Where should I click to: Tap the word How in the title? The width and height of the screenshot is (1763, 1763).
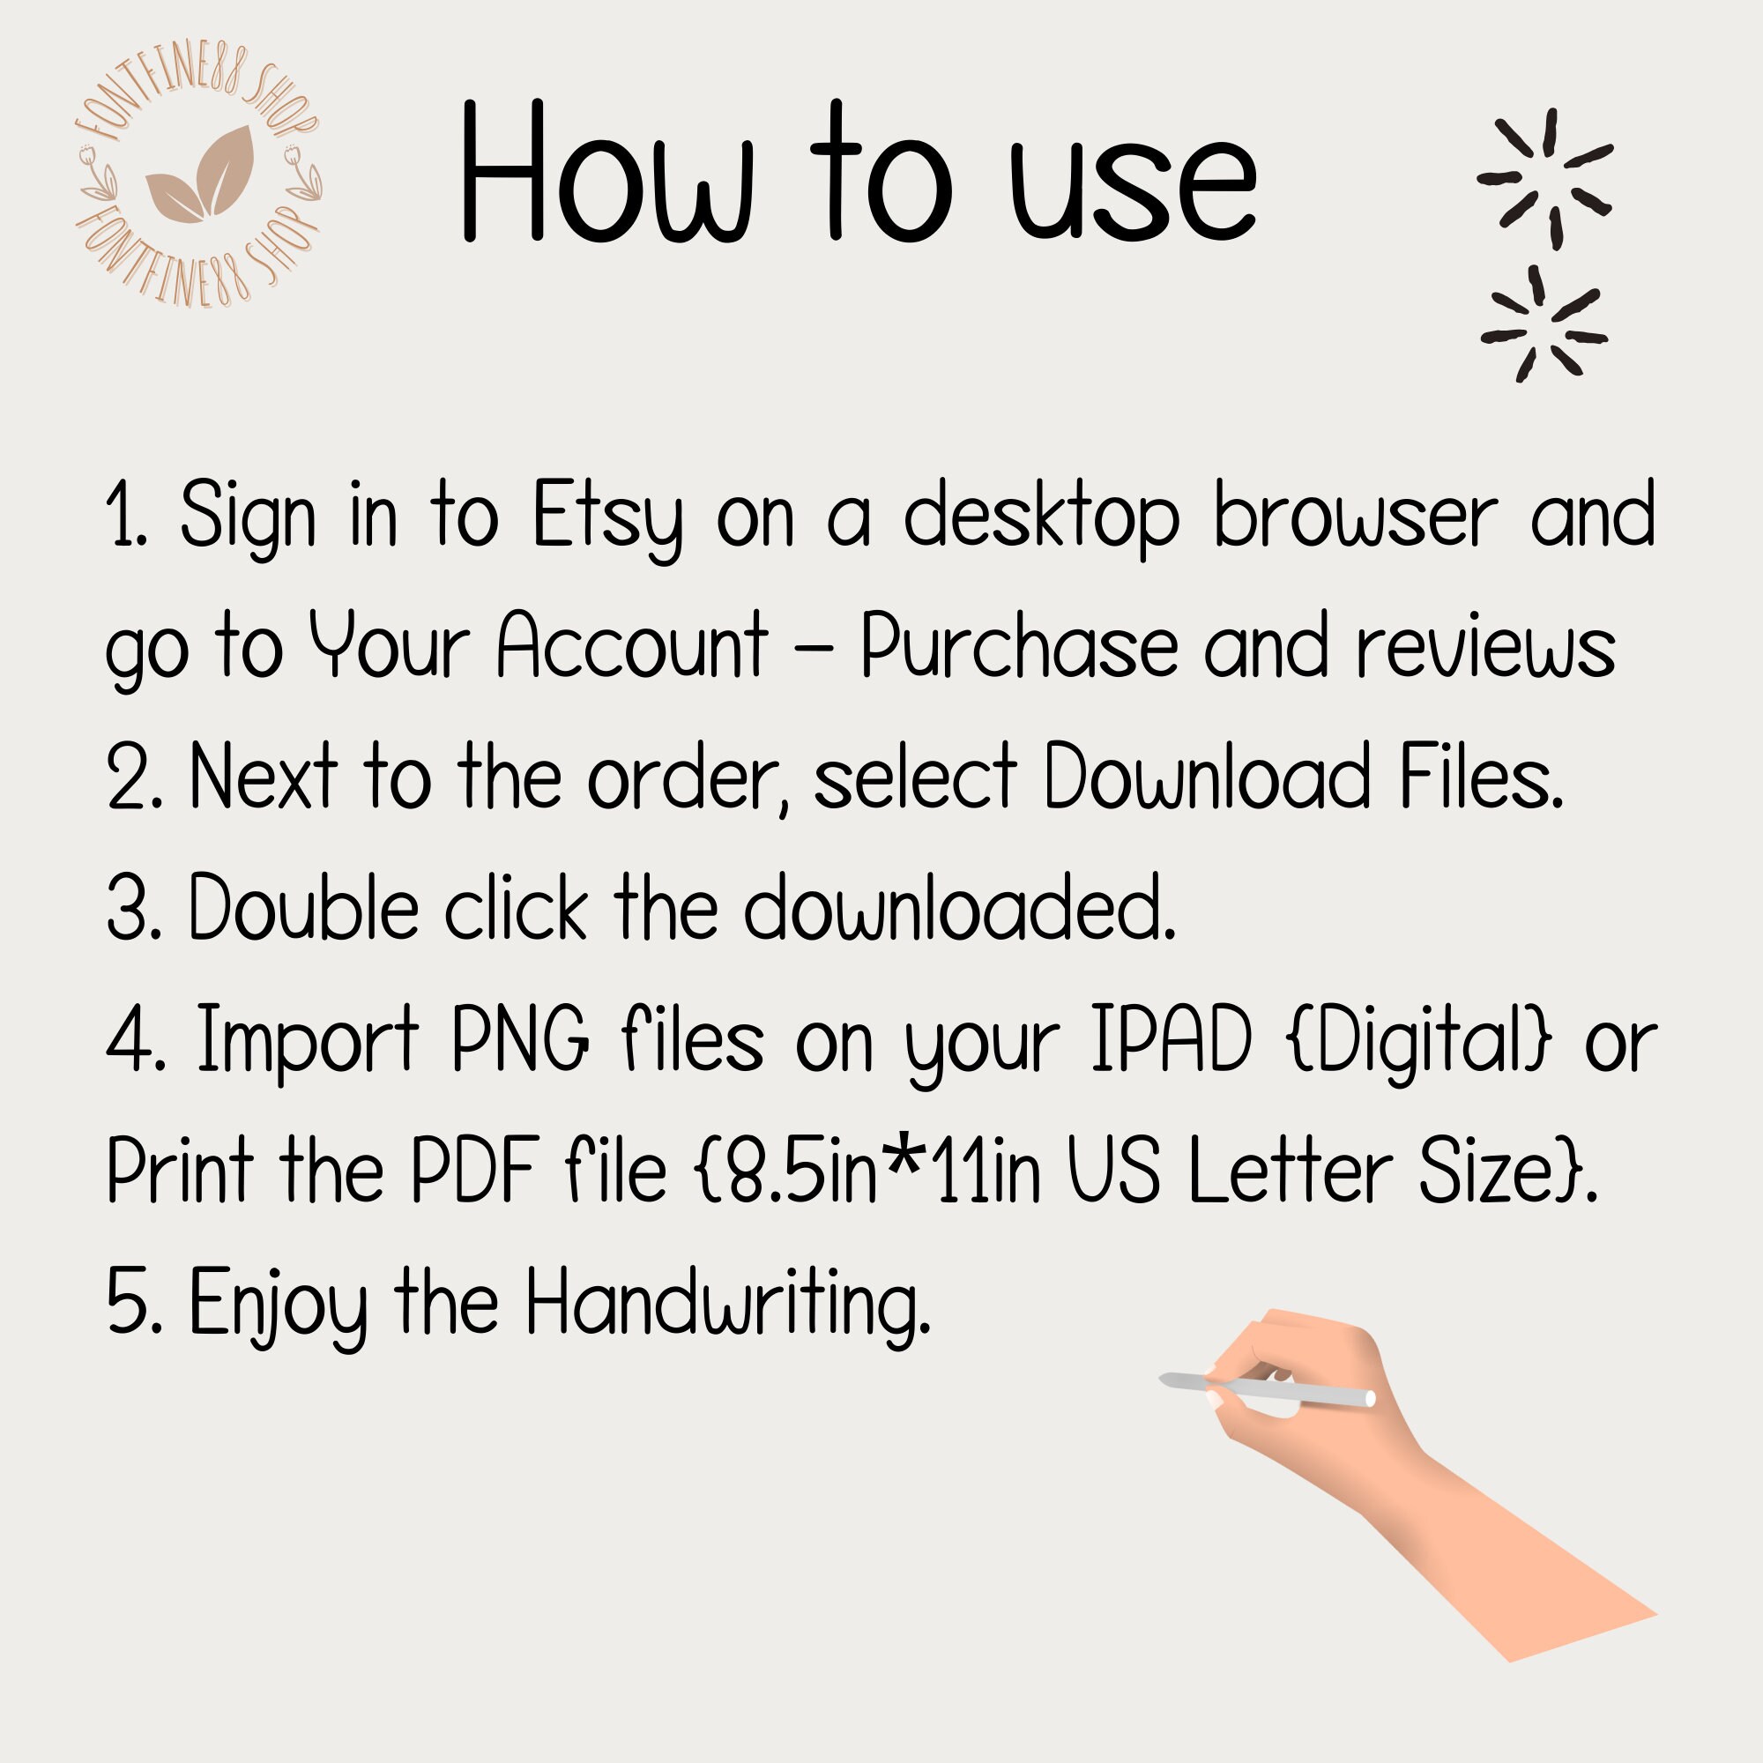pyautogui.click(x=606, y=174)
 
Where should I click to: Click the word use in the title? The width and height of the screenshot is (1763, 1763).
pyautogui.click(x=1133, y=182)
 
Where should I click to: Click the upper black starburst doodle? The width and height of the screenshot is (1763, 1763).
pyautogui.click(x=1544, y=179)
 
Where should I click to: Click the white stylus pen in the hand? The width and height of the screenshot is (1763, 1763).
pyautogui.click(x=1268, y=1389)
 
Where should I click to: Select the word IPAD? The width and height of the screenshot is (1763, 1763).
pyautogui.click(x=1171, y=1039)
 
